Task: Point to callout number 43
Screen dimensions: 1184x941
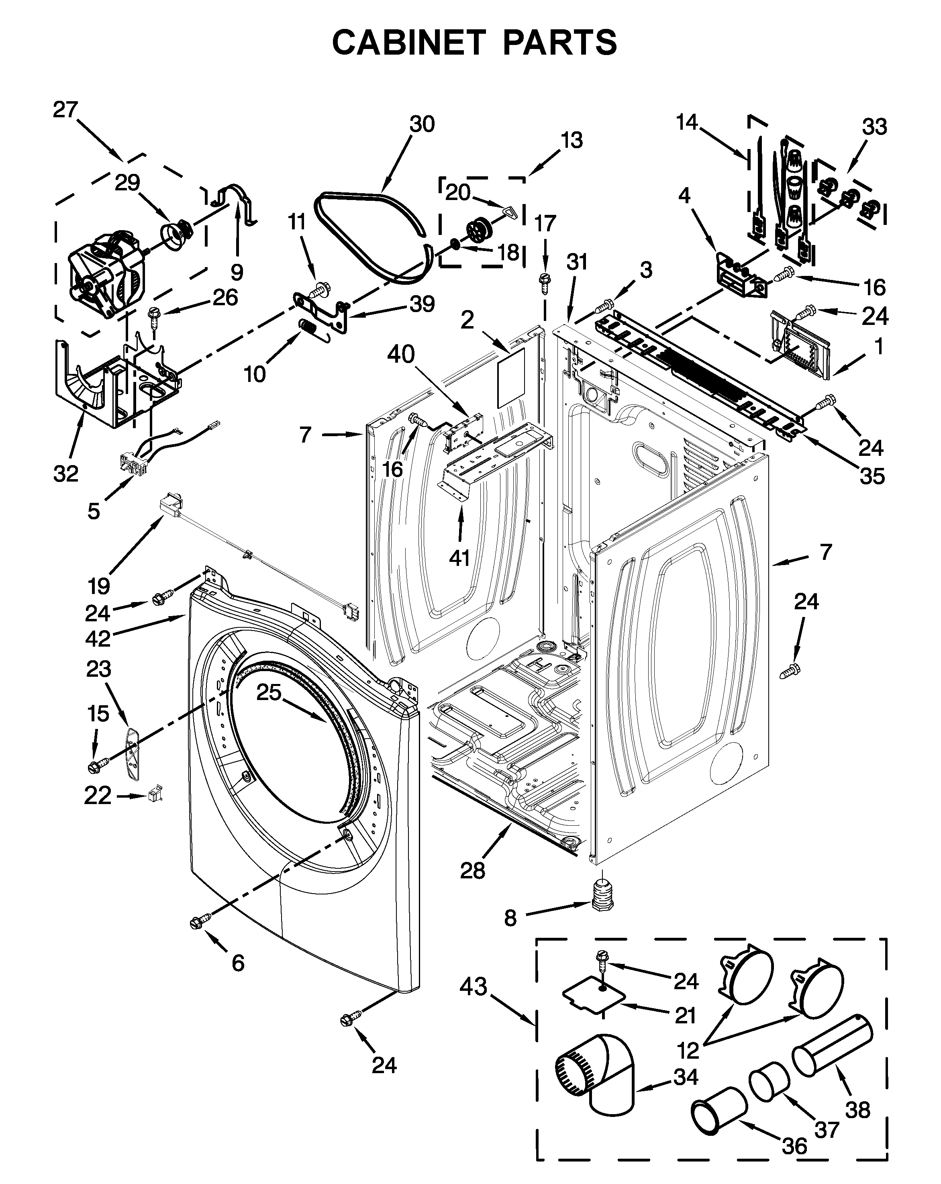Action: [x=473, y=986]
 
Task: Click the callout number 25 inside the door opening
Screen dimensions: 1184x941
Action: [x=268, y=692]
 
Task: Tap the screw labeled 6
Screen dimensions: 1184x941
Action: [x=200, y=923]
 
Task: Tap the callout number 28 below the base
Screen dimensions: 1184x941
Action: [x=473, y=870]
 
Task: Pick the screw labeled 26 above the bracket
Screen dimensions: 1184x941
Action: [x=154, y=317]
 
